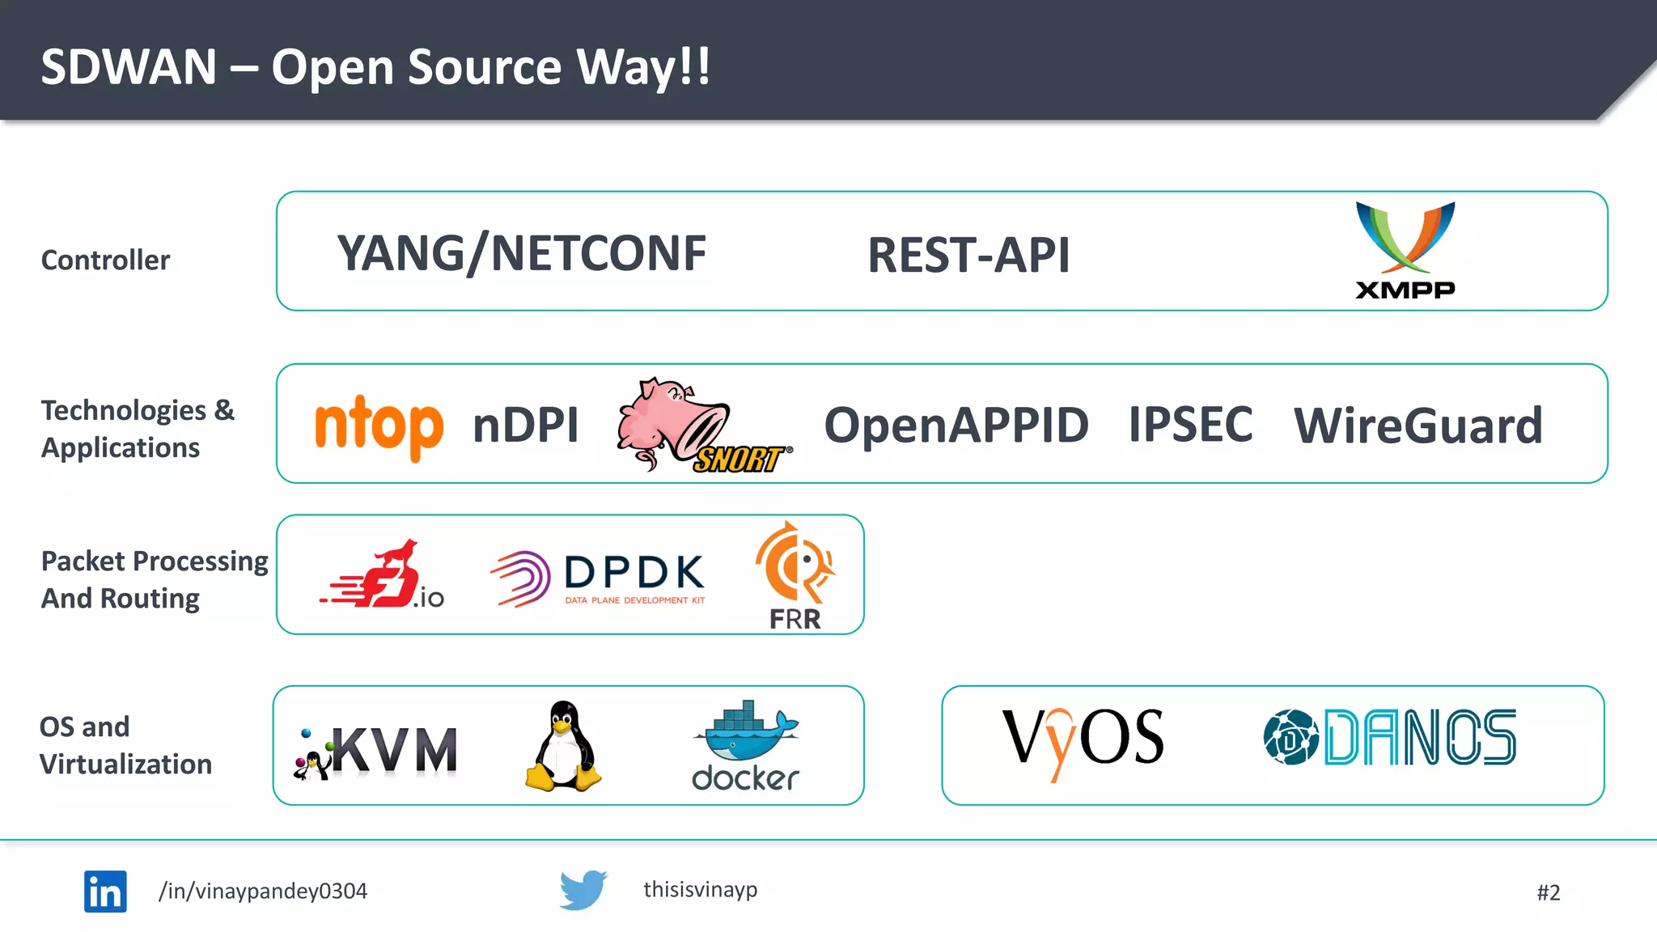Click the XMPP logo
point(1405,250)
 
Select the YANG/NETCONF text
point(522,253)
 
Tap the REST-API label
point(968,256)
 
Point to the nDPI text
point(526,425)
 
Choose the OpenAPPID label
point(956,425)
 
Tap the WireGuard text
point(1418,426)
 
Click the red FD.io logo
point(382,575)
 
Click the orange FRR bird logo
point(795,574)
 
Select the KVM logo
point(377,750)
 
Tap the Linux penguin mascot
point(563,746)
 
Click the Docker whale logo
point(745,745)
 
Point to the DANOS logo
point(1389,737)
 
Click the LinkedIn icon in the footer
point(105,892)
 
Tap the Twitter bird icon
point(583,890)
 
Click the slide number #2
point(1548,892)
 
